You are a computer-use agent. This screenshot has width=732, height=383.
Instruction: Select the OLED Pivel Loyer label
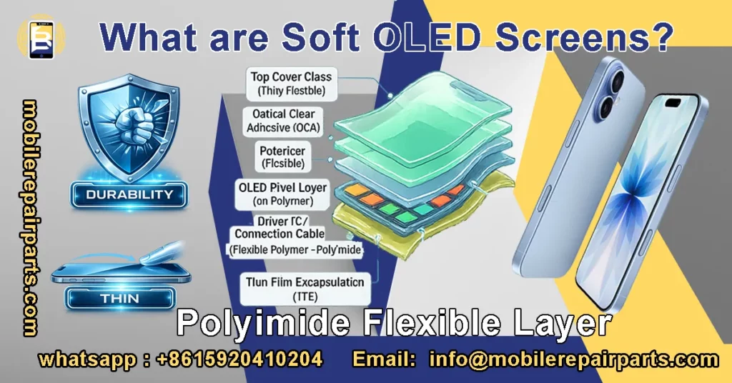coord(283,194)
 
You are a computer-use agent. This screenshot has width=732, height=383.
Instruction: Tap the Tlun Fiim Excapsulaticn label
coord(305,288)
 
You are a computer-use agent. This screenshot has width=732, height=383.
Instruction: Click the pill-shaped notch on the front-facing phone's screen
coord(673,101)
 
